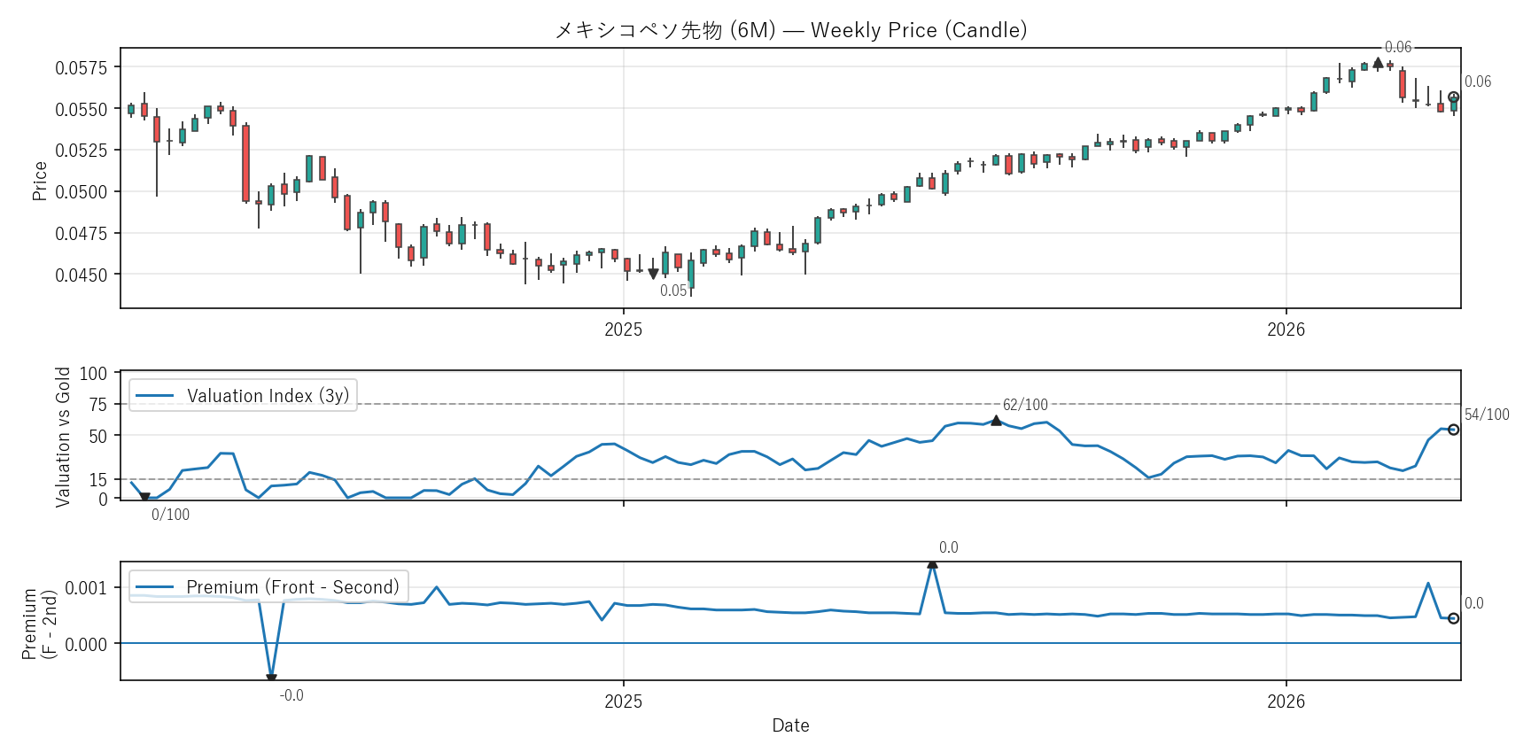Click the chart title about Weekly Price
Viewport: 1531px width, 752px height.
(790, 30)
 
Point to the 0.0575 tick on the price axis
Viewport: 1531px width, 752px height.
(81, 68)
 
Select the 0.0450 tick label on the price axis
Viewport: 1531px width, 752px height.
(81, 275)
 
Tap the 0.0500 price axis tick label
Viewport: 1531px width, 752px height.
(81, 192)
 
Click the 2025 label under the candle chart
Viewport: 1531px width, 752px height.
(623, 329)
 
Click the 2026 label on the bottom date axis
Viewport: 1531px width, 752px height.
(1286, 702)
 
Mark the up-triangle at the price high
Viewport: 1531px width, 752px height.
(1378, 63)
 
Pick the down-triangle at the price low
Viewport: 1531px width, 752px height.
(653, 274)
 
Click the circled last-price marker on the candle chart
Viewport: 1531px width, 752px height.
(1453, 97)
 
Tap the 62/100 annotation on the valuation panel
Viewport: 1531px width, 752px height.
(1025, 405)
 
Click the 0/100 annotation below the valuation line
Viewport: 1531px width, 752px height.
(170, 515)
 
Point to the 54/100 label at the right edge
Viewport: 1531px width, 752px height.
(1487, 415)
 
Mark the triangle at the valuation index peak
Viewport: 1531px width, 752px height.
(996, 420)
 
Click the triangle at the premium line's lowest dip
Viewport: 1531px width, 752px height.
(271, 678)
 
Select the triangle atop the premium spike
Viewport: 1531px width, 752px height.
(932, 563)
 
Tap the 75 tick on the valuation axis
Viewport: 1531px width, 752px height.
(97, 405)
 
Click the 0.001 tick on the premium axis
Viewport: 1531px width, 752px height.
(86, 588)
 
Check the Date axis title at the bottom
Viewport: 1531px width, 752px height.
(790, 725)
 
